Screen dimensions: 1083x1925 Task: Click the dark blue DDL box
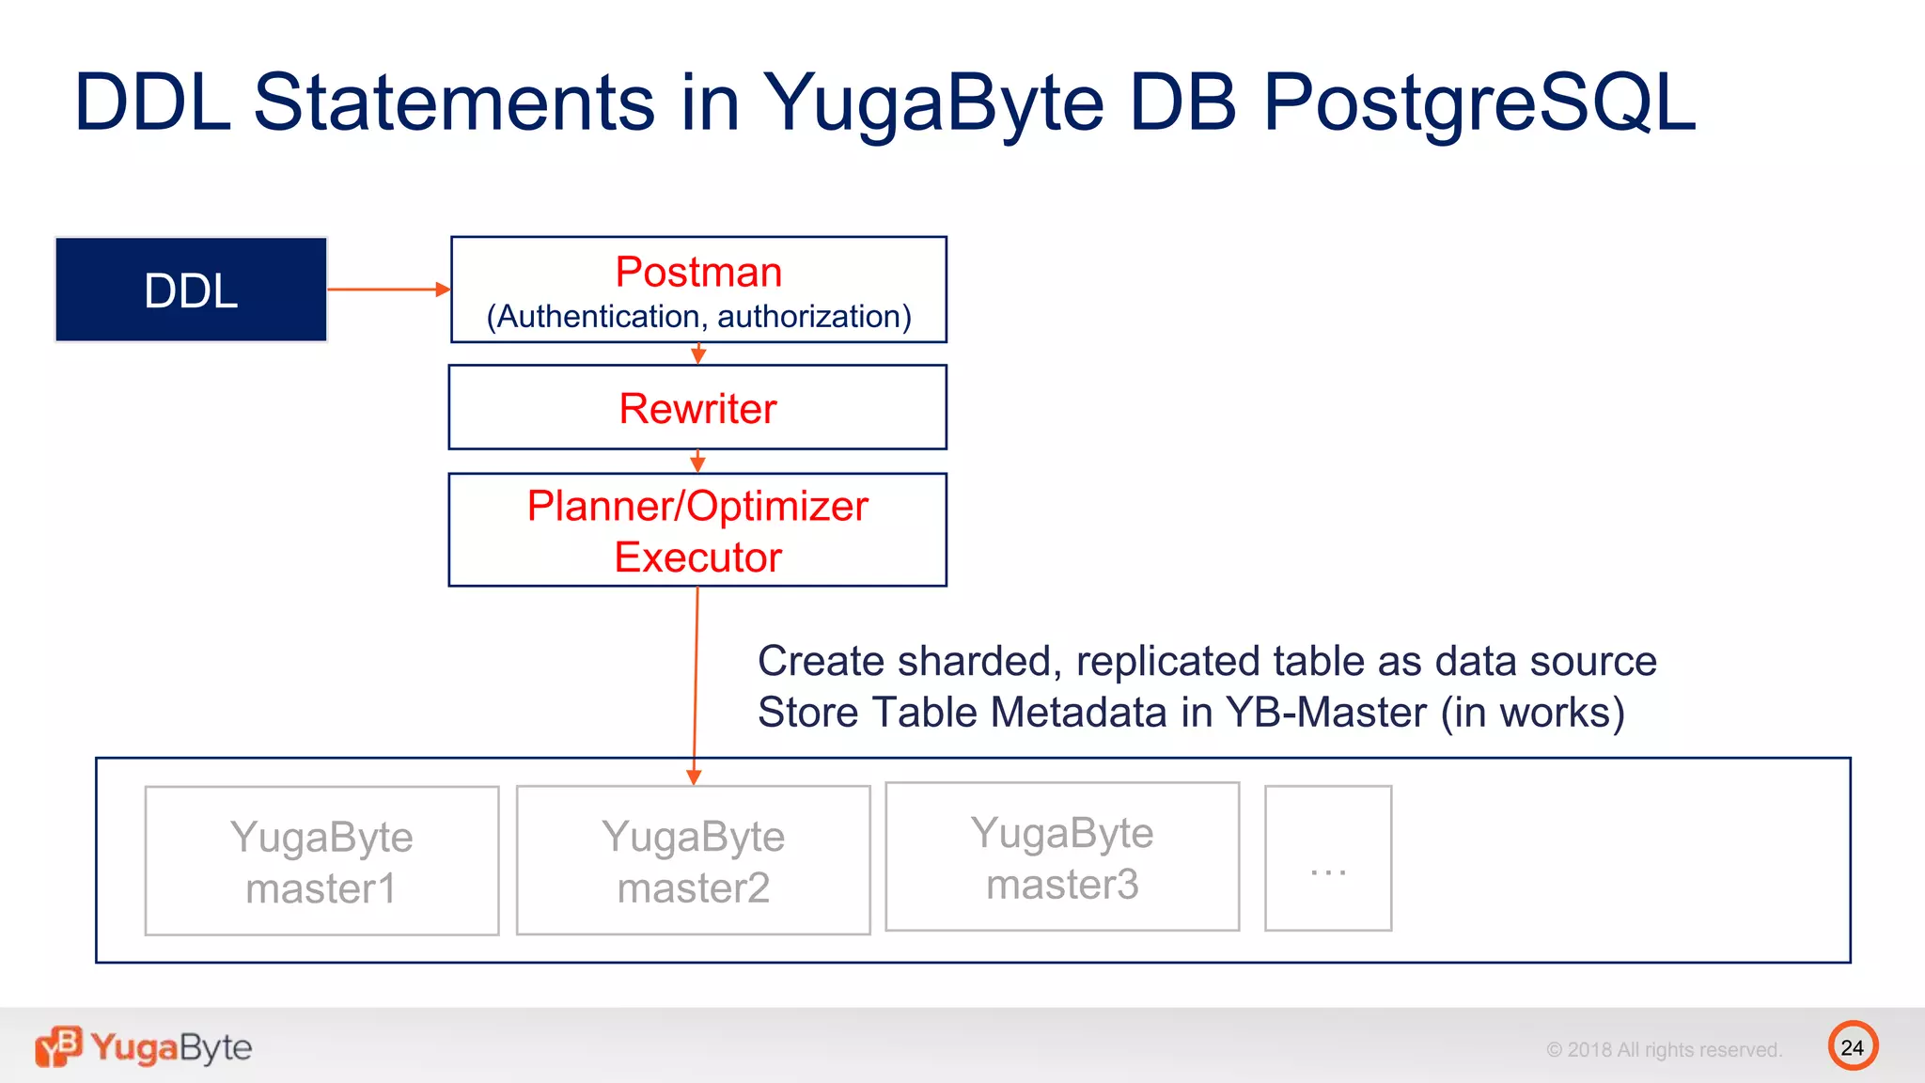pos(191,290)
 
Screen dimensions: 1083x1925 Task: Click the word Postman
pos(698,273)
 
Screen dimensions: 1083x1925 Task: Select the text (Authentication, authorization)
pos(698,317)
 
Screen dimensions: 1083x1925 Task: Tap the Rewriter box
pos(697,408)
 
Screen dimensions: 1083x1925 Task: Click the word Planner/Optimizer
pos(697,507)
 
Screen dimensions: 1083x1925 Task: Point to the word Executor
pos(697,557)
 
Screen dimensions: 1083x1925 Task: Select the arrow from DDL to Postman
pos(387,290)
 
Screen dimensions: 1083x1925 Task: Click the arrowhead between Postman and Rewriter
pos(698,355)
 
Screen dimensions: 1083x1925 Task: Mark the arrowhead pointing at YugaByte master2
pos(694,777)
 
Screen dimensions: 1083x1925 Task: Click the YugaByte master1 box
pos(321,861)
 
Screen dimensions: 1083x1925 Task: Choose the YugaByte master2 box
pos(694,861)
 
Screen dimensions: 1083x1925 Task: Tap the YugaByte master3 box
pos(1062,857)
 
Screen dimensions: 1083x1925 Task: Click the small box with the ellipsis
pos(1328,858)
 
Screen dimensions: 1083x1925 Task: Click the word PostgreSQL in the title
pos(1479,102)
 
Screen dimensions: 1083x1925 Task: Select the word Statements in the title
pos(454,102)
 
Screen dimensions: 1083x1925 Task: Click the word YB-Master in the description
pos(1326,713)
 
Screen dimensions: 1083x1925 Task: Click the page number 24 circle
pos(1853,1046)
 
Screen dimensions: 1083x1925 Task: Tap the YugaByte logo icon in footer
pos(58,1046)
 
